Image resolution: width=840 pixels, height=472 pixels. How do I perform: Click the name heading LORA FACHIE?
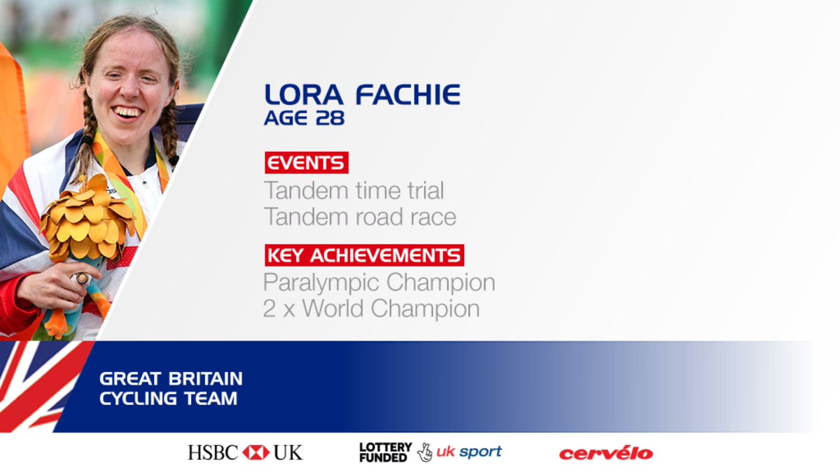tap(362, 94)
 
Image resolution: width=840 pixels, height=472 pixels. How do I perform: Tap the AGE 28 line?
tap(304, 118)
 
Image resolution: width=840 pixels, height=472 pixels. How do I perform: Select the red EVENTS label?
tap(307, 163)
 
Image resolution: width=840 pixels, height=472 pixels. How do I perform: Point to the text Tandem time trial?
tap(354, 190)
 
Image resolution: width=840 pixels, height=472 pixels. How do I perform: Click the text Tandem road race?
tap(360, 217)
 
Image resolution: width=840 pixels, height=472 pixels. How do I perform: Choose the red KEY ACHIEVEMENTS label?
tap(364, 255)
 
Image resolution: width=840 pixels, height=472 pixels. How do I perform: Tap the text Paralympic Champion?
tap(379, 283)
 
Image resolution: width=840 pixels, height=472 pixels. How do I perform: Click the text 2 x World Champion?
tap(371, 308)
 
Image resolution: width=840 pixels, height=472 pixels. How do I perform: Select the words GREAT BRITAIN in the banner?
tap(171, 379)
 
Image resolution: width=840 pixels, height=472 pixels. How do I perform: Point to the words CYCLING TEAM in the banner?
tap(168, 399)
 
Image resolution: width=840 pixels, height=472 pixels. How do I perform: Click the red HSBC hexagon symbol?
tap(255, 452)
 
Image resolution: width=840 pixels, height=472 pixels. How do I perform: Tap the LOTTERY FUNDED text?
tap(385, 452)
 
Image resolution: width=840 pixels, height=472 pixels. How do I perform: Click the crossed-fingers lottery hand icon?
tap(424, 452)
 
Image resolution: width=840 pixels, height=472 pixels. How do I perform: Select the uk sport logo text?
tap(468, 452)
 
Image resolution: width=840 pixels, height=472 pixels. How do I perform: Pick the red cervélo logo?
tap(605, 453)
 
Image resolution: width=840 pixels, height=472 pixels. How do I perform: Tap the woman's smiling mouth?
tap(127, 111)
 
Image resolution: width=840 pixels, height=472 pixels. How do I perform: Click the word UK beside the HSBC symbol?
tap(288, 452)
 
